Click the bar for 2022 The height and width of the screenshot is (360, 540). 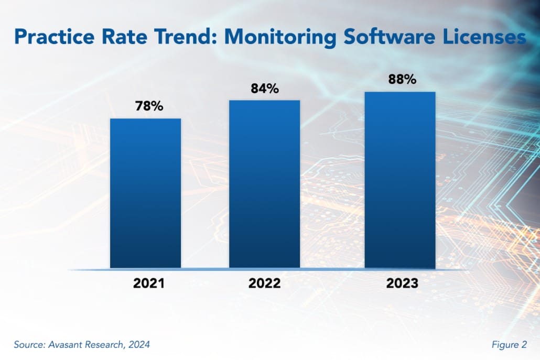(x=264, y=184)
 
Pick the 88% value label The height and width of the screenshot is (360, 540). (x=402, y=80)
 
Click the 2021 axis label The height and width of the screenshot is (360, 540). (x=149, y=283)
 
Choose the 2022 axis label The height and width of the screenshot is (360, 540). (x=264, y=283)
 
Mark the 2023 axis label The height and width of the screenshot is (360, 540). (x=402, y=283)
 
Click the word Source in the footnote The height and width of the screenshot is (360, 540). (x=30, y=344)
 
